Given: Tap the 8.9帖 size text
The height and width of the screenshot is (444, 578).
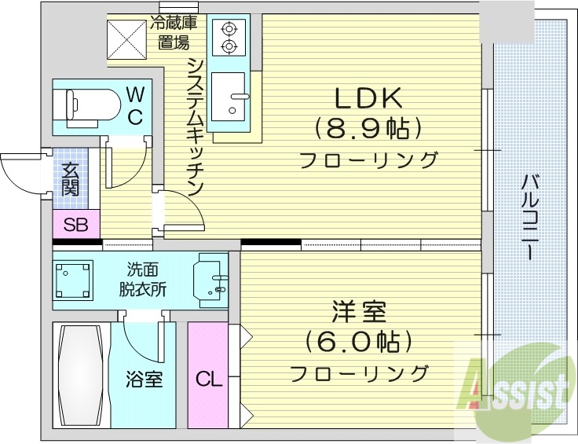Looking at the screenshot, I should tap(368, 127).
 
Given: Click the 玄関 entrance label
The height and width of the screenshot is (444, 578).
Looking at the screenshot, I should tap(71, 178).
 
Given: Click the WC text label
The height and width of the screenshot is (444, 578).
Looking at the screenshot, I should tap(135, 106).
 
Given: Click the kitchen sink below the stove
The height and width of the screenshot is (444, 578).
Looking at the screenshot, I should tap(233, 98).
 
